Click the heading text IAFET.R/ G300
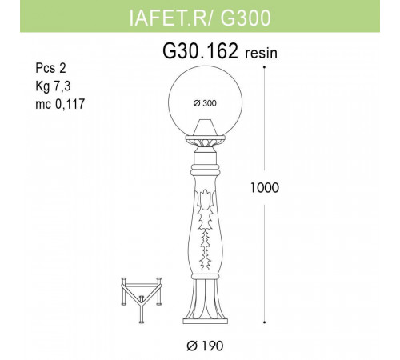click(200, 15)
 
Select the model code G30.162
click(200, 53)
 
